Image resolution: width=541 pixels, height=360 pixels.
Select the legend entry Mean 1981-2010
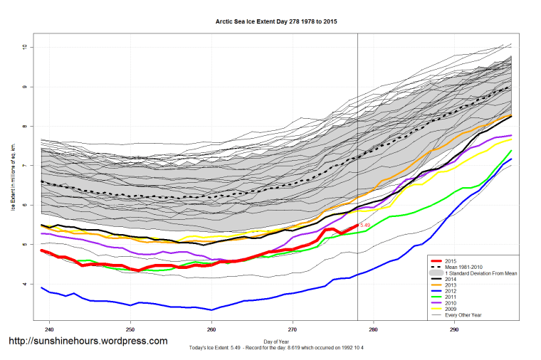pyautogui.click(x=461, y=266)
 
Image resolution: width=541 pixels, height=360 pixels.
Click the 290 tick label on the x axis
pyautogui.click(x=453, y=330)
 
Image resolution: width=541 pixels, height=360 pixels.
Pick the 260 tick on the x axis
pyautogui.click(x=211, y=330)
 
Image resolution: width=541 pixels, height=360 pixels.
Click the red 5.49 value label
pyautogui.click(x=365, y=226)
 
